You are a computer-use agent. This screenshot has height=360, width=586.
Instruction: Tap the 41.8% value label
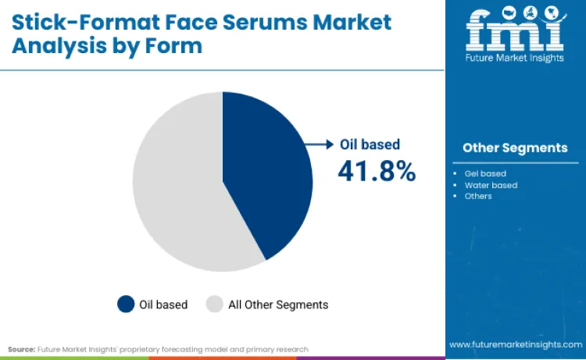377,171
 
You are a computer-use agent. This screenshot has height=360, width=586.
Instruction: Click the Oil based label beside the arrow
370,144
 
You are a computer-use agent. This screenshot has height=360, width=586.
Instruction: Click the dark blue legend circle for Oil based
125,305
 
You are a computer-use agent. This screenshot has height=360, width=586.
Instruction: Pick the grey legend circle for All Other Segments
214,305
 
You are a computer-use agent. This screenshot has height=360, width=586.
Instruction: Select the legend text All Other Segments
277,305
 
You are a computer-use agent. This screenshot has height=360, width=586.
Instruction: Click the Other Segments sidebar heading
515,148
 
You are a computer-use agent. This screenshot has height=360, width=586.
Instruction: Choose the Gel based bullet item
485,173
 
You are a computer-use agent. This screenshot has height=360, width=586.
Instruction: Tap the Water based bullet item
491,185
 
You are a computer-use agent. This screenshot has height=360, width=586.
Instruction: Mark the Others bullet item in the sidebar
478,196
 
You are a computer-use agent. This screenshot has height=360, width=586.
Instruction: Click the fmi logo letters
515,30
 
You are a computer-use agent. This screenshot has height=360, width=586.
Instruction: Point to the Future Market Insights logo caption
515,58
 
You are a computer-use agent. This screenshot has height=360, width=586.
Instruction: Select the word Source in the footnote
21,349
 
